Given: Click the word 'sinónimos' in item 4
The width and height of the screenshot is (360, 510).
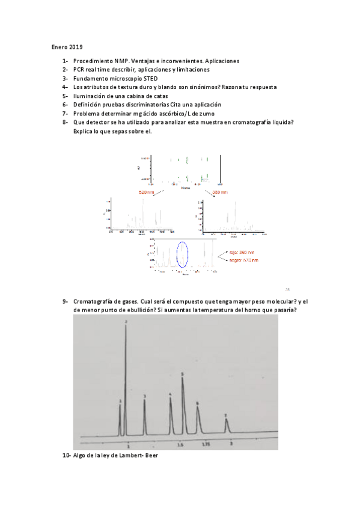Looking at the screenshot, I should pyautogui.click(x=195, y=87).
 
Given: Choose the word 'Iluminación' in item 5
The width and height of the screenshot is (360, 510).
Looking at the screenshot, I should pyautogui.click(x=90, y=96).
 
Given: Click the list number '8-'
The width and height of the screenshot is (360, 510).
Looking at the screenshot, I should pyautogui.click(x=65, y=122).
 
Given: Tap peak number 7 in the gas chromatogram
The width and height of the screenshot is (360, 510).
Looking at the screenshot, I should pyautogui.click(x=226, y=424).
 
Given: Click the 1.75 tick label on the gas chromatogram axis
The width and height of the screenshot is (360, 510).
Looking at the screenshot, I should pyautogui.click(x=206, y=444).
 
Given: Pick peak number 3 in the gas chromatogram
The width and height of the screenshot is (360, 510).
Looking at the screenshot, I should pyautogui.click(x=145, y=415).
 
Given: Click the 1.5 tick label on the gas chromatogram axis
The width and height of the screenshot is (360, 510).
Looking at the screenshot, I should pyautogui.click(x=179, y=444).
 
